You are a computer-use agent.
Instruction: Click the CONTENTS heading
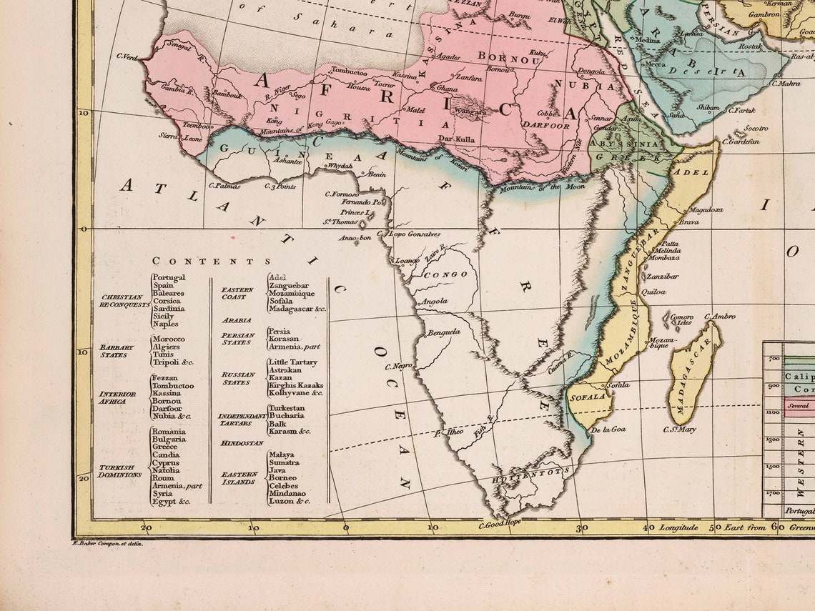coord(212,262)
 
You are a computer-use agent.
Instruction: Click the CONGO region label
coord(445,274)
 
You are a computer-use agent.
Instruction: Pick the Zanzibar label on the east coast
coord(662,276)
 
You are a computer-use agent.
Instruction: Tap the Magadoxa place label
coord(706,210)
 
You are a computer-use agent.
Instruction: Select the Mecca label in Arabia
coord(655,64)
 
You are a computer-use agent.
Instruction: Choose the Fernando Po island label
coord(362,202)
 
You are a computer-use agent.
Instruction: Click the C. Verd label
coord(127,56)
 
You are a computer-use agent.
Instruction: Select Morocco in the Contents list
coord(168,339)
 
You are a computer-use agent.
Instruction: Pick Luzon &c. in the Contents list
coord(289,501)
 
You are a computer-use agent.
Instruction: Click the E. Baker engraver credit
coord(108,544)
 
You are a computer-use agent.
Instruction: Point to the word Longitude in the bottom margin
coord(678,527)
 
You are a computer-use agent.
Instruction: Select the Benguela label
coord(444,332)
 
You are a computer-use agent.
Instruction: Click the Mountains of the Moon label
coord(541,187)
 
